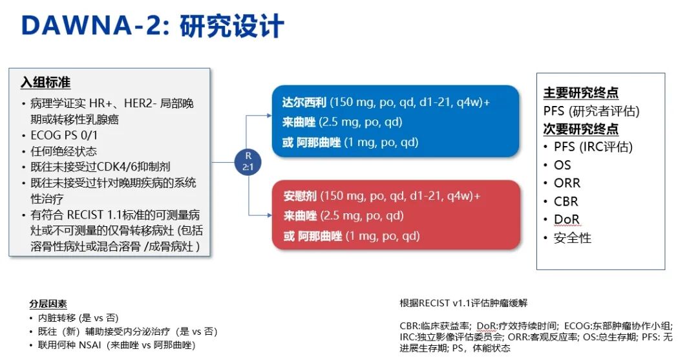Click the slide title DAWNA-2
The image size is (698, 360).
[93, 26]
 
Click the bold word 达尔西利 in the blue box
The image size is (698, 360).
[304, 102]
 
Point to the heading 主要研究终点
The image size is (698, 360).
[581, 93]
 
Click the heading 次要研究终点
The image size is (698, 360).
[581, 129]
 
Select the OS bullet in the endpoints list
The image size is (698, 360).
[562, 165]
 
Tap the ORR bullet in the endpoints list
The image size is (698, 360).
[567, 183]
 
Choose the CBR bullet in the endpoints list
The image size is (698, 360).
[566, 201]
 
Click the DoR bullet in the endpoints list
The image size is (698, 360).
[566, 219]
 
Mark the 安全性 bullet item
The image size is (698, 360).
[572, 238]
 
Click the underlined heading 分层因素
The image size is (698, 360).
[48, 304]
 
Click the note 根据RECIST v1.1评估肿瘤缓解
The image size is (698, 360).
[463, 303]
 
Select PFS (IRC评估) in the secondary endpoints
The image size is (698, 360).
[593, 147]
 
